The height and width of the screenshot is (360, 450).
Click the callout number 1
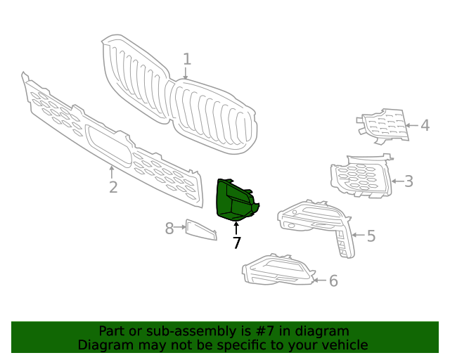coord(187,59)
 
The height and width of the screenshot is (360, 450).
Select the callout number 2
coord(112,187)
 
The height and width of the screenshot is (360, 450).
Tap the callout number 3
coord(408,181)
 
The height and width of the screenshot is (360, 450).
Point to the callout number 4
coord(425,126)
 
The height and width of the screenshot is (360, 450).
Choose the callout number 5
coord(371,236)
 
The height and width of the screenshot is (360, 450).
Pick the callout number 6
coord(333,281)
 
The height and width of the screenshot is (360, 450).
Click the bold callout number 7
coord(237,243)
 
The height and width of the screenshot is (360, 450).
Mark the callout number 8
coord(169,228)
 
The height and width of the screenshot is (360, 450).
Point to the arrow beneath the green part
coord(237,227)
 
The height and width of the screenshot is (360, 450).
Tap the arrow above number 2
coord(112,171)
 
